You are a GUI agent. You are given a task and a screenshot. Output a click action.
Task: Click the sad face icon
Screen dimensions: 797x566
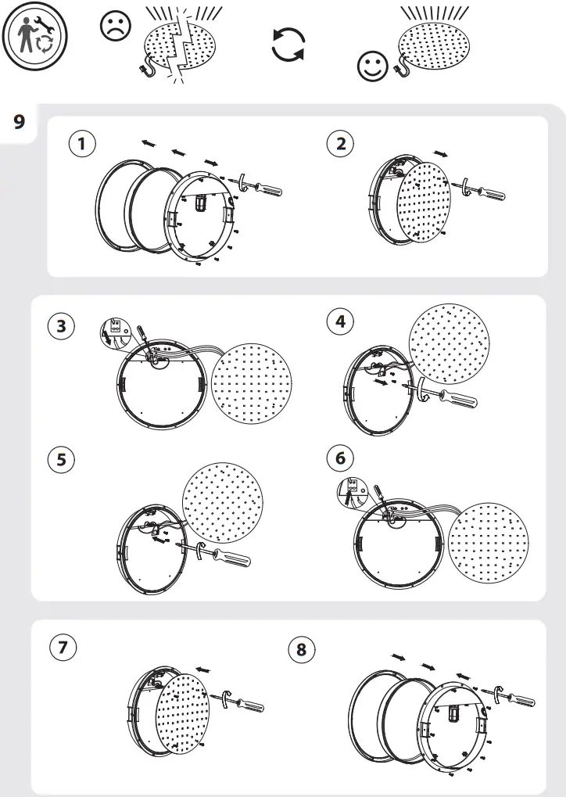click(x=116, y=27)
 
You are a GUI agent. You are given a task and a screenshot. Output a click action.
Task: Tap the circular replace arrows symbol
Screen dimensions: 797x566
click(x=288, y=45)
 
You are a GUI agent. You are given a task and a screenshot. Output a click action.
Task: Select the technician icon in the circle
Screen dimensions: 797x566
click(x=34, y=38)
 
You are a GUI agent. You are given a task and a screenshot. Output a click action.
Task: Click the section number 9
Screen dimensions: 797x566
click(x=20, y=122)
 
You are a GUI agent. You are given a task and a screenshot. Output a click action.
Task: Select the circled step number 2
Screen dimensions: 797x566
click(x=340, y=143)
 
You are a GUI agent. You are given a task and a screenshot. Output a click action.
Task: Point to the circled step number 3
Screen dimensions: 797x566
click(x=61, y=326)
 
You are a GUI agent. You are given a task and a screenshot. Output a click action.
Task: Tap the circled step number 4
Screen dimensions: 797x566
click(x=340, y=321)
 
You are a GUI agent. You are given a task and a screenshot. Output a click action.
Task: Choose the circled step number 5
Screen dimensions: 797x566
click(x=61, y=460)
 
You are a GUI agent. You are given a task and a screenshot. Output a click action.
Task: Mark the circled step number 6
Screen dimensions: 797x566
click(x=340, y=458)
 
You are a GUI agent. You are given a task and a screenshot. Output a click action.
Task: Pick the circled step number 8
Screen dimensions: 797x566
click(x=303, y=648)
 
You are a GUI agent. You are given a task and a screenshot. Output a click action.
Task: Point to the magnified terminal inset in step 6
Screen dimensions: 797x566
click(x=349, y=490)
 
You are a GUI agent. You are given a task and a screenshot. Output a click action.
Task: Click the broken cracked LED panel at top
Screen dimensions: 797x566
click(x=182, y=48)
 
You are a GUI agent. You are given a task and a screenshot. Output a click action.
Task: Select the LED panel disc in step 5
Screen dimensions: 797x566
click(x=222, y=499)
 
